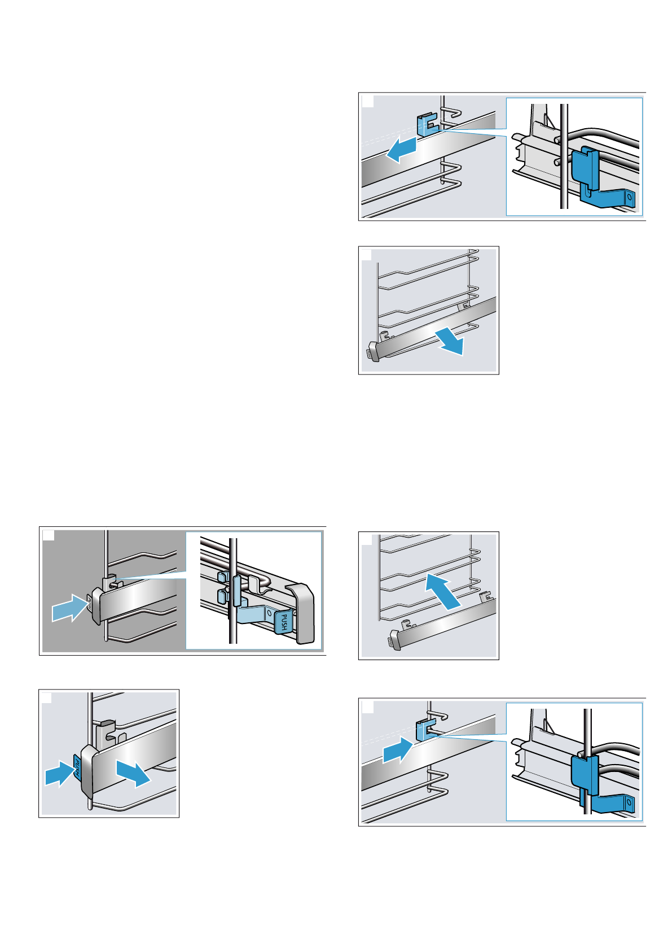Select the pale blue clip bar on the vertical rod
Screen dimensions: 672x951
tap(236, 591)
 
